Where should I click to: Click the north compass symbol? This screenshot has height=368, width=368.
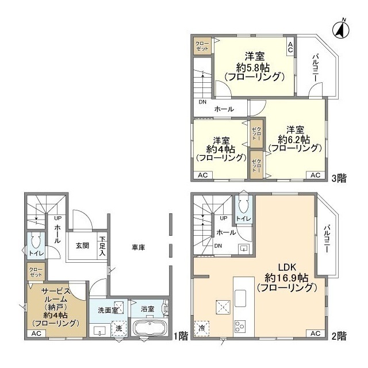point(341,29)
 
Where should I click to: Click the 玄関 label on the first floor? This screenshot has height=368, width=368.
point(82,246)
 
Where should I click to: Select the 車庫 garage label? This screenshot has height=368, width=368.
point(138,247)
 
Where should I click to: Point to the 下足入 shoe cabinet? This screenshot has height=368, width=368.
point(102,246)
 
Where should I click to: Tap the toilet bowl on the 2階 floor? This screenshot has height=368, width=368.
point(244,205)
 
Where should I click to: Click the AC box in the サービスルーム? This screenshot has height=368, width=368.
point(36,333)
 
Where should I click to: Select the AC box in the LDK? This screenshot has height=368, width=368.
point(316,333)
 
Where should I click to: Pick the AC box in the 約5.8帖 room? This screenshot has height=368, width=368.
point(290,47)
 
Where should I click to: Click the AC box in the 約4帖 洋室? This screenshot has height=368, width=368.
point(203,175)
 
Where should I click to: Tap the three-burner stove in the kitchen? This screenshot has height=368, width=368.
point(240,325)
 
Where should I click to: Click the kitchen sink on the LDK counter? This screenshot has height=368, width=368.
point(240,298)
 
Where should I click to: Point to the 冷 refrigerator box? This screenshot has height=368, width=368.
point(202,328)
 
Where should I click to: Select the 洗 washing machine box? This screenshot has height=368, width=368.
point(119,328)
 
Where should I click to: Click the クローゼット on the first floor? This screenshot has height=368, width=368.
point(36,272)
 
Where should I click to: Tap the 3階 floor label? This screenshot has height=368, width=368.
point(339,178)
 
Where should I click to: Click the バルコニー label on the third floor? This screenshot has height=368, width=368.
point(315,68)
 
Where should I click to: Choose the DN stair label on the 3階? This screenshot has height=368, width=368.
point(202,102)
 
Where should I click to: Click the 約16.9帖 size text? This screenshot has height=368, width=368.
point(286,278)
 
